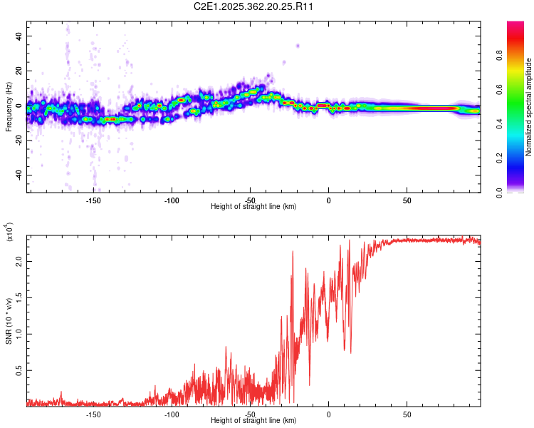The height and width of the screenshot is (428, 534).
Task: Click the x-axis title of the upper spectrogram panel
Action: tap(253, 206)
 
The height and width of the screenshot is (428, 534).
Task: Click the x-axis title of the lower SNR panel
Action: tap(253, 420)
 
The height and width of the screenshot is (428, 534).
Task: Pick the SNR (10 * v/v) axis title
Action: tap(9, 321)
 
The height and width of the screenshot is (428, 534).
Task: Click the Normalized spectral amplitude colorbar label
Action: tap(529, 107)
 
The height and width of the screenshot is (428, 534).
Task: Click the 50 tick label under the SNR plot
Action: tap(407, 413)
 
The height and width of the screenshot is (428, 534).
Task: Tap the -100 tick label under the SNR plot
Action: tap(172, 413)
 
